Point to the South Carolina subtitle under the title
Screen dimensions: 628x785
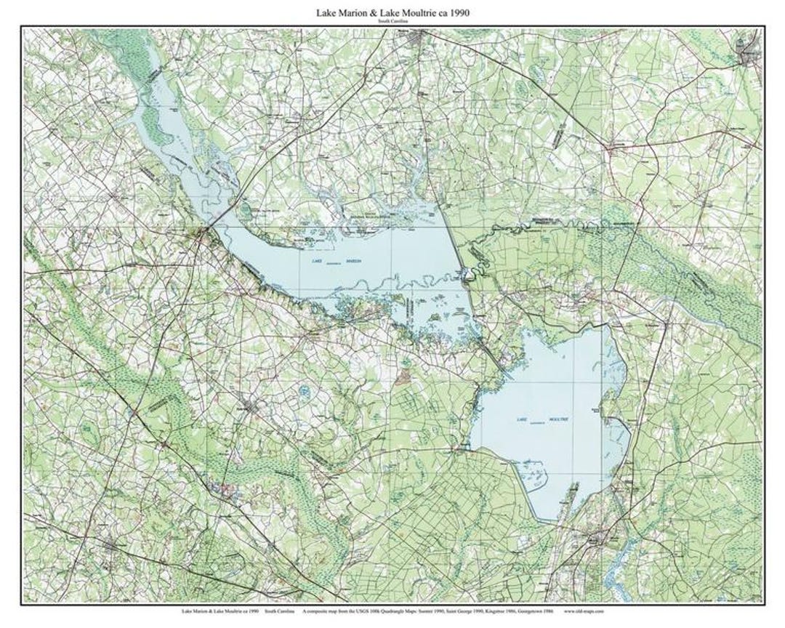coord(392,22)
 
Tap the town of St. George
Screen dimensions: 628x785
coord(109,544)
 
